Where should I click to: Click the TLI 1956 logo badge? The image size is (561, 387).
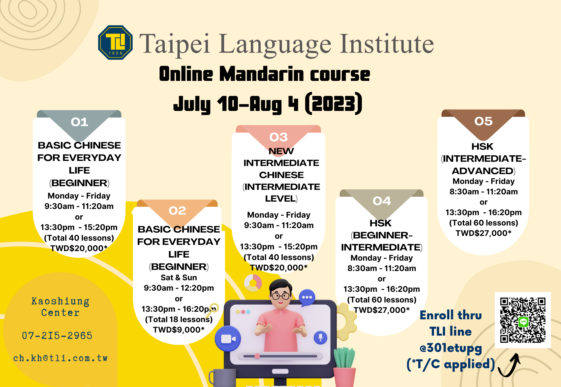[115, 42]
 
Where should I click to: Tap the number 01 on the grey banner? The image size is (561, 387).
[79, 122]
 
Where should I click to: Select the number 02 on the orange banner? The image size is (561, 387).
[177, 211]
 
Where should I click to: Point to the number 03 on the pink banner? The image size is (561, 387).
[279, 137]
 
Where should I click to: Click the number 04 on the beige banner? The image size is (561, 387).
[381, 201]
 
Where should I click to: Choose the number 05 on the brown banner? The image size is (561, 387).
[483, 121]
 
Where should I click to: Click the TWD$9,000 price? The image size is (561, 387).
[179, 330]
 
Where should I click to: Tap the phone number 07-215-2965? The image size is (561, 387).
[57, 336]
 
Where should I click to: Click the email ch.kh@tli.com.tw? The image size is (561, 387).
[60, 358]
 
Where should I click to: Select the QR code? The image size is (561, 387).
[523, 320]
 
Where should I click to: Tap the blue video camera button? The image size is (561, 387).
[228, 339]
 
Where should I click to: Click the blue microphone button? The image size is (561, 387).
[320, 338]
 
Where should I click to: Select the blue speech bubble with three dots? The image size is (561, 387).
[307, 298]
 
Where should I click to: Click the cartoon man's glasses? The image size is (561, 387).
[281, 295]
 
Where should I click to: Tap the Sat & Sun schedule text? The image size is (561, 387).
[179, 277]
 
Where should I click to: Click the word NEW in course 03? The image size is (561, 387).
[281, 151]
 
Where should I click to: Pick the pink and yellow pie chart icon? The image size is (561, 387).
[253, 283]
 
